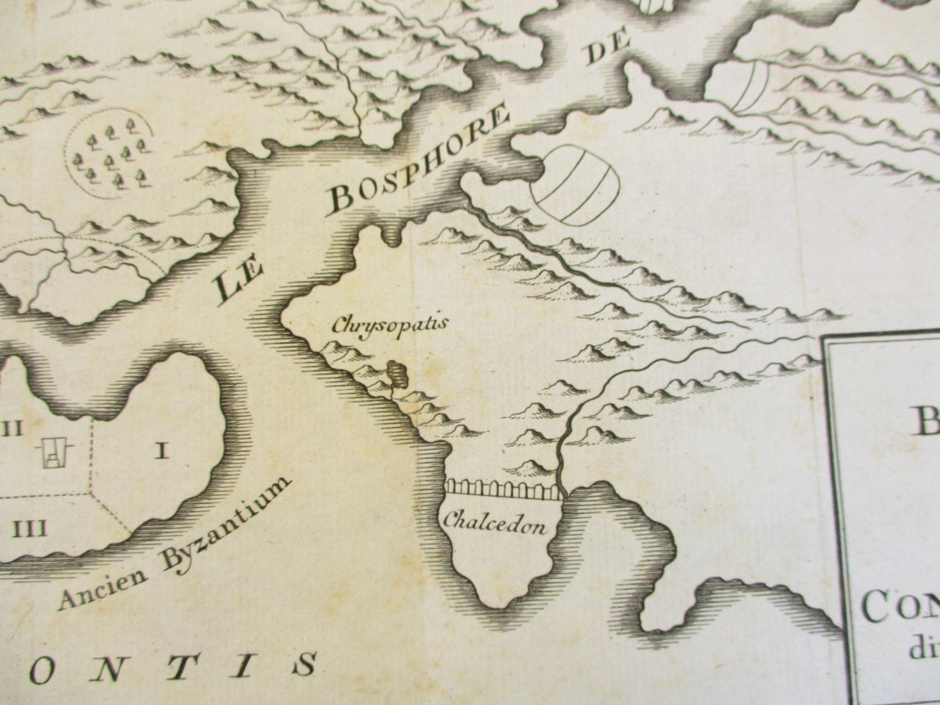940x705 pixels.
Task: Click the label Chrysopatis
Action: click(x=389, y=323)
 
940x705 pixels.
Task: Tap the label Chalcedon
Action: click(x=494, y=522)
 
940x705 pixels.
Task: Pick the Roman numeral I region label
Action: click(x=162, y=450)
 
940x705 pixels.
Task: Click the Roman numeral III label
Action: click(x=29, y=529)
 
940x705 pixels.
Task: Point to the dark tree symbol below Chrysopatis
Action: click(x=397, y=373)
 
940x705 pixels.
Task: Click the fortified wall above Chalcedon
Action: click(x=503, y=490)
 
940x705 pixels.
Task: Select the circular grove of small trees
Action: click(x=109, y=154)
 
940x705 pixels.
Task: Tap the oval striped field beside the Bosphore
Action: click(x=575, y=185)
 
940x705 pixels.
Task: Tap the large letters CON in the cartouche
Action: click(x=899, y=609)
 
